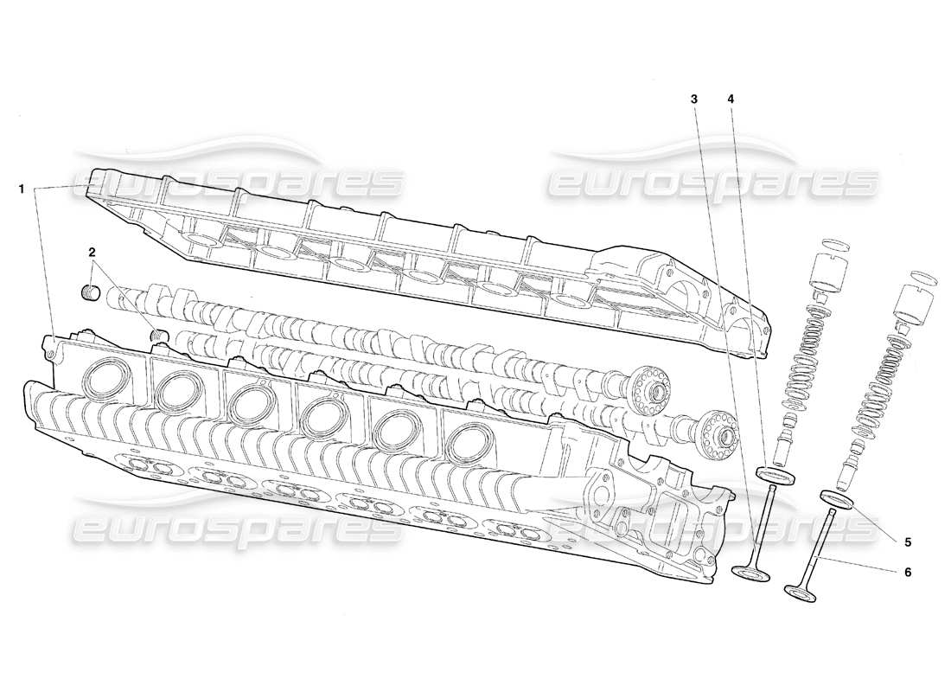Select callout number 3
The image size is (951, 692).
[694, 99]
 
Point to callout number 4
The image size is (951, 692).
[731, 99]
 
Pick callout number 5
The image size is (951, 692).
[907, 542]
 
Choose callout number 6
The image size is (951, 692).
[907, 572]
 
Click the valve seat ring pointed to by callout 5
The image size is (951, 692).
[837, 498]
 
